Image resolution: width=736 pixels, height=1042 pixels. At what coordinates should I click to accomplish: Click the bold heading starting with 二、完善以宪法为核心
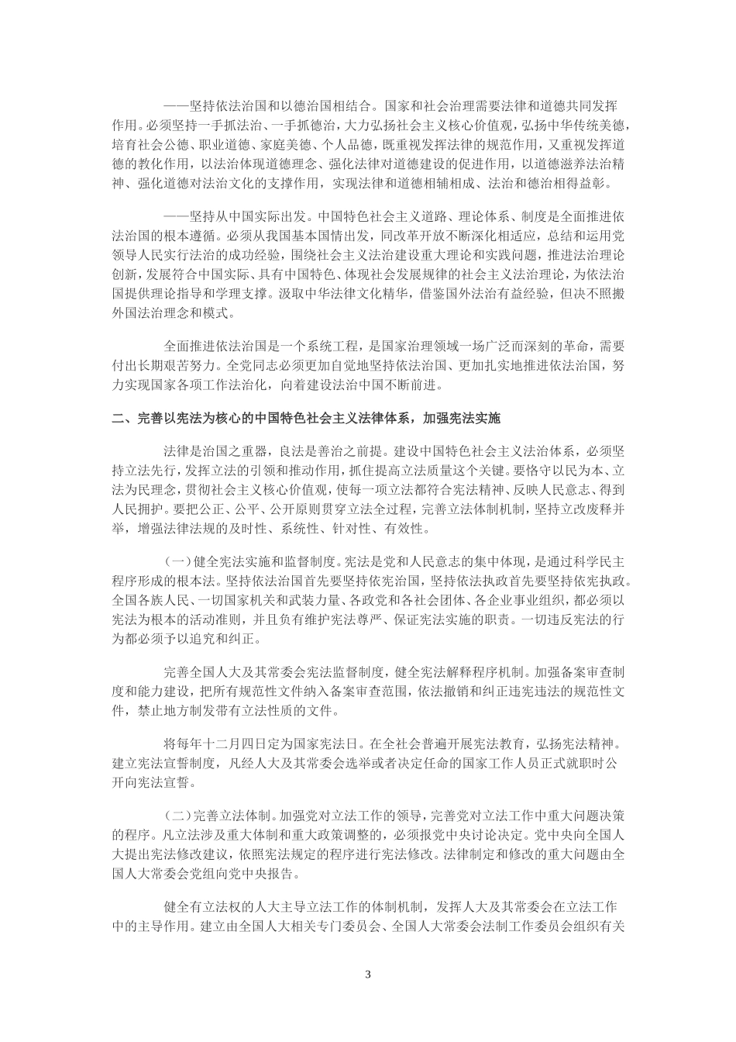(306, 419)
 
